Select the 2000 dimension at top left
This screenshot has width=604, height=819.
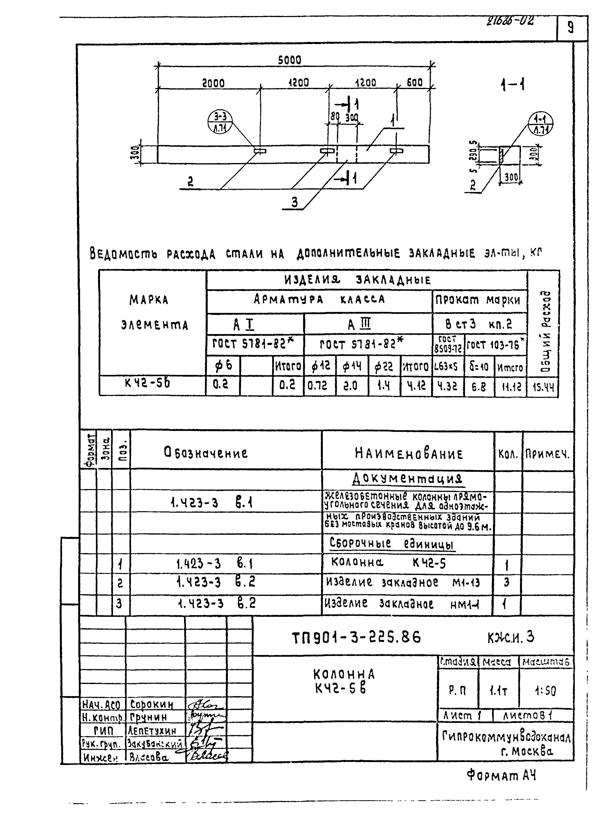213,83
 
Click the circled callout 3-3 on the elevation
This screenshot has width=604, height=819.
220,122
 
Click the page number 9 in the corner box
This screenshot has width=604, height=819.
570,28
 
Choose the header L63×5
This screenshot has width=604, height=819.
447,366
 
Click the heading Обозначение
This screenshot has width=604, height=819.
205,453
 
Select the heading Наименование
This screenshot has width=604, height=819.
409,454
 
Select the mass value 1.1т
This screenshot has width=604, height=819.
498,691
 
